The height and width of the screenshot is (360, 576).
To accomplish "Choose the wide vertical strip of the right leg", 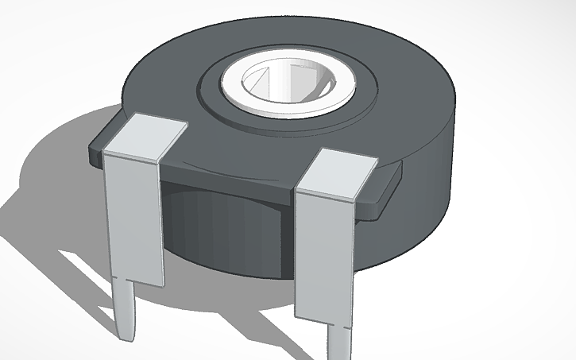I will [x=321, y=254].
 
